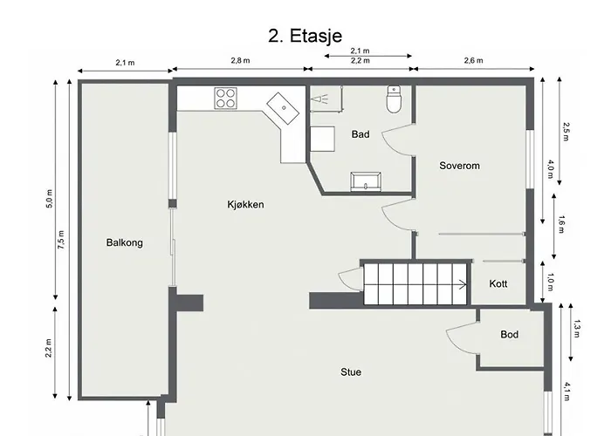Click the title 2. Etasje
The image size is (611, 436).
pyautogui.click(x=305, y=36)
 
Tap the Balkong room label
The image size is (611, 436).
pyautogui.click(x=124, y=243)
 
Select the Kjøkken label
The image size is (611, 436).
pyautogui.click(x=245, y=204)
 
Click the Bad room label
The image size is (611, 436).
pyautogui.click(x=360, y=134)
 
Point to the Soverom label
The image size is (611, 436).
pyautogui.click(x=459, y=166)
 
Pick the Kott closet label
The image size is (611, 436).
pyautogui.click(x=498, y=283)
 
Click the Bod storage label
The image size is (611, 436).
pyautogui.click(x=509, y=334)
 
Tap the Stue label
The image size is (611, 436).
pyautogui.click(x=351, y=372)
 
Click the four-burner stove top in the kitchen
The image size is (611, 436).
pyautogui.click(x=225, y=98)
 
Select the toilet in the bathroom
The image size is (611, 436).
pyautogui.click(x=394, y=99)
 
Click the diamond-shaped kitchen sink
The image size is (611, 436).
pyautogui.click(x=284, y=108)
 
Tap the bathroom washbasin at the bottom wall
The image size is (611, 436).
pyautogui.click(x=366, y=181)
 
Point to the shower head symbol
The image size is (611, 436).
pyautogui.click(x=319, y=99)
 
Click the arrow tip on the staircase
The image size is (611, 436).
pyautogui.click(x=466, y=284)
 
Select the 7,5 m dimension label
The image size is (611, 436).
pyautogui.click(x=61, y=240)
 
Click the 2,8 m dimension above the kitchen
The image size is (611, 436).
pyautogui.click(x=240, y=60)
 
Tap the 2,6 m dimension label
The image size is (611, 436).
pyautogui.click(x=473, y=60)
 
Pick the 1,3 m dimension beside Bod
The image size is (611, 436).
pyautogui.click(x=577, y=329)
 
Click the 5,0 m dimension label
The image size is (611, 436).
pyautogui.click(x=49, y=199)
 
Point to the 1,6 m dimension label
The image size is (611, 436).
pyautogui.click(x=561, y=224)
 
